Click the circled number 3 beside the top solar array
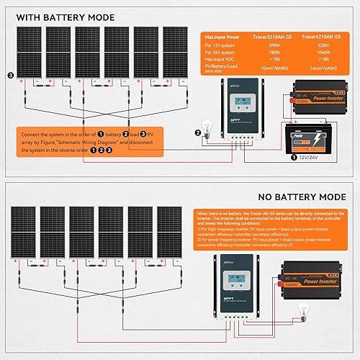coord(9,74)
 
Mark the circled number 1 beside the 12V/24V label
coord(292,156)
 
